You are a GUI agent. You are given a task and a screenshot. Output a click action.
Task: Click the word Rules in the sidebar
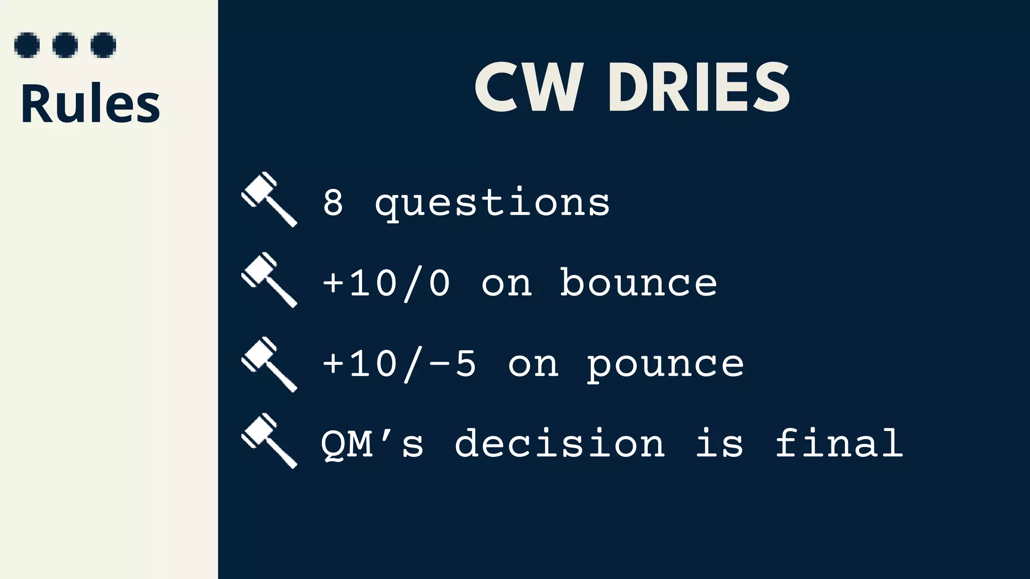[91, 104]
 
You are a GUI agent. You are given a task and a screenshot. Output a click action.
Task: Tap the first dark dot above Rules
[27, 45]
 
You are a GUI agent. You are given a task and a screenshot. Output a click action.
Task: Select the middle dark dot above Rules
[65, 45]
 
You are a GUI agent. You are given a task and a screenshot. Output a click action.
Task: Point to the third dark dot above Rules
[104, 45]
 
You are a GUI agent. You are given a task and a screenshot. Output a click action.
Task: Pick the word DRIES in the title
[699, 88]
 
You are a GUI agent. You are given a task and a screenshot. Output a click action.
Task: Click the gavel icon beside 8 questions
[270, 200]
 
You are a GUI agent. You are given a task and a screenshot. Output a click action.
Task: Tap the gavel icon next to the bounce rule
[270, 280]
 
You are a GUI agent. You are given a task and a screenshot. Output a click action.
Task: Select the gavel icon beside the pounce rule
[270, 364]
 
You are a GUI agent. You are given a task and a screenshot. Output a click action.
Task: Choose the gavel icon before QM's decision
[270, 441]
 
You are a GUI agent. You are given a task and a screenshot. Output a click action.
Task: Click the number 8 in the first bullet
[333, 203]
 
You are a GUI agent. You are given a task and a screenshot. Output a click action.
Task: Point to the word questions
[493, 204]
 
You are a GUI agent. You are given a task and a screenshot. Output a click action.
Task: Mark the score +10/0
[386, 283]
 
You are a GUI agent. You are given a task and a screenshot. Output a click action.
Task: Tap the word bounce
[639, 282]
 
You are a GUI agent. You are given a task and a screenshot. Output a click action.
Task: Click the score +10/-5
[399, 364]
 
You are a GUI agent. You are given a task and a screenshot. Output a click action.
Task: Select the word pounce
[665, 365]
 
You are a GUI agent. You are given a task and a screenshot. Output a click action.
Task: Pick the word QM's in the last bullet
[372, 443]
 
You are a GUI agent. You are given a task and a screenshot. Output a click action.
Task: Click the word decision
[560, 443]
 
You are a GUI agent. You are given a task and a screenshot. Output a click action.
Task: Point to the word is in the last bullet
[719, 443]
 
